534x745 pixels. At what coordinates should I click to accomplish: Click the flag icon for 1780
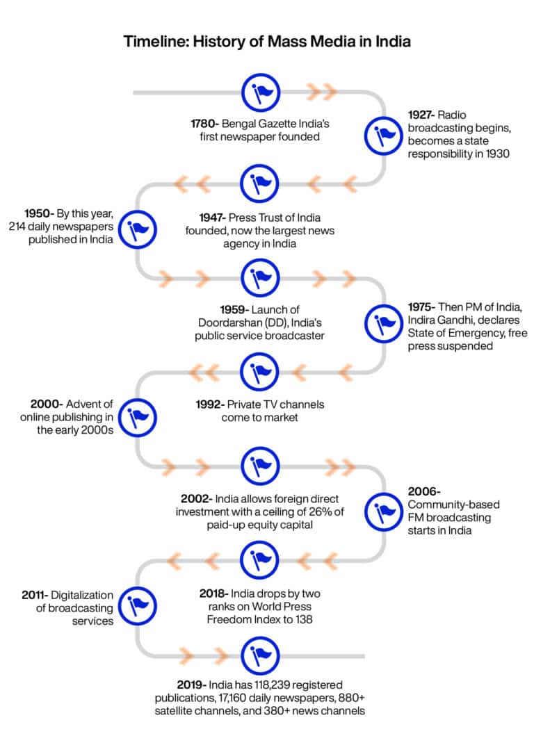[260, 92]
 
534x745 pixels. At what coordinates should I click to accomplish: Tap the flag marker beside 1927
[384, 137]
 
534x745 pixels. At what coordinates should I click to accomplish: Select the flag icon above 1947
[260, 184]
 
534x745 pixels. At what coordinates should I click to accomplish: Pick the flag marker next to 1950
[137, 230]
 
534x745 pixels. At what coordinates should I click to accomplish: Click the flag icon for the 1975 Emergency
[384, 323]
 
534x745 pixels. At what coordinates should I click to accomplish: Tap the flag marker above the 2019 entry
[260, 655]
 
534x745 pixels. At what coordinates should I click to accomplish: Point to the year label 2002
[196, 499]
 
